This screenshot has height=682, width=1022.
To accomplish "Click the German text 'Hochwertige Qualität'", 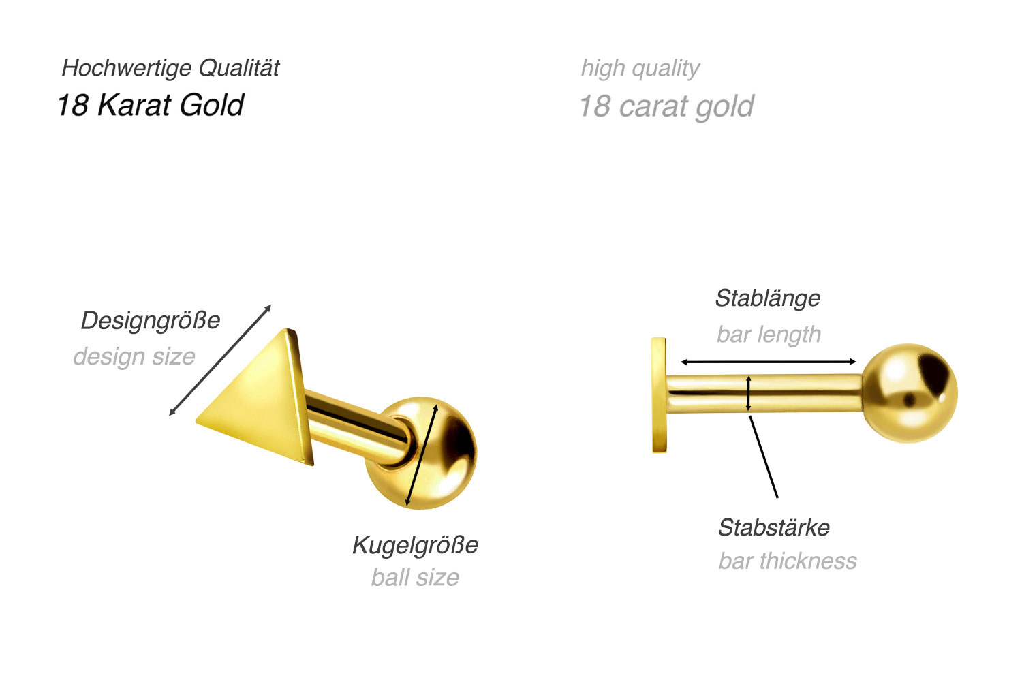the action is [x=170, y=68].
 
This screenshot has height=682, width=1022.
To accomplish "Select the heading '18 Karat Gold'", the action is [x=151, y=105].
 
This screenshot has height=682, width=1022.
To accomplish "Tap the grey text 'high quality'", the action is [x=640, y=69].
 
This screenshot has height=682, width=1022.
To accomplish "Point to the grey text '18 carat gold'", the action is [x=666, y=106].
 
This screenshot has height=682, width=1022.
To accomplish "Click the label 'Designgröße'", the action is [x=151, y=321].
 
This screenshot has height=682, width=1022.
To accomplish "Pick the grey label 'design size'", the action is [x=134, y=356].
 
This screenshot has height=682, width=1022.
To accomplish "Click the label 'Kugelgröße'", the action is [x=415, y=545].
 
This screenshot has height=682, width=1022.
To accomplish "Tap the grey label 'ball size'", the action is [x=415, y=578].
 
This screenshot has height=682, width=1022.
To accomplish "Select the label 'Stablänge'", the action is [x=768, y=298].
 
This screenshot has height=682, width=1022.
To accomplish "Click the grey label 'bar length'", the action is [x=769, y=335].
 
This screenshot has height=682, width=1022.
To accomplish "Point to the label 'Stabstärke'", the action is [x=774, y=528].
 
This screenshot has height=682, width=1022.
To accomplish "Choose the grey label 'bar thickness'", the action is [x=788, y=561].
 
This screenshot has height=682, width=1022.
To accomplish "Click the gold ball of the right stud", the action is [x=910, y=393].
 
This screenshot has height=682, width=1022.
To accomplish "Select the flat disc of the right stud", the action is [x=659, y=395].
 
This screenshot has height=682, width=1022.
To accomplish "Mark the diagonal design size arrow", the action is [x=220, y=360].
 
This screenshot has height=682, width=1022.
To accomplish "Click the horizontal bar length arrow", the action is [x=769, y=362].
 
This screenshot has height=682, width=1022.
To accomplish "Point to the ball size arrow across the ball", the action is [x=422, y=455].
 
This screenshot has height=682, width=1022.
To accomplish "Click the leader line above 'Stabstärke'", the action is [x=764, y=456].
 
